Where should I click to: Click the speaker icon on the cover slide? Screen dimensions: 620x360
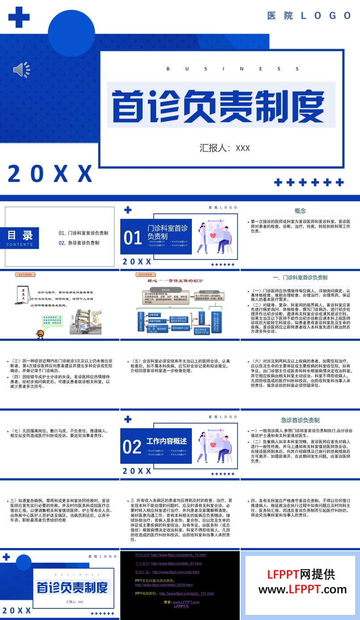[x=21, y=70]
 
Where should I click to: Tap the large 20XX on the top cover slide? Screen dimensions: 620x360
[x=50, y=174]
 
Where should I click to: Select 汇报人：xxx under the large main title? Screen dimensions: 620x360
[x=224, y=148]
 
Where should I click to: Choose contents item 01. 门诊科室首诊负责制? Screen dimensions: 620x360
[x=84, y=233]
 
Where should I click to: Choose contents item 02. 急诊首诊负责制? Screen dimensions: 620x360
[x=79, y=243]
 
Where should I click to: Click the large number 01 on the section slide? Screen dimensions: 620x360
[x=132, y=238]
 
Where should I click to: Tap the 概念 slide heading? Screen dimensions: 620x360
[x=300, y=211]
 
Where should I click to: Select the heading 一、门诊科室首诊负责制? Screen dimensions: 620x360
[x=300, y=278]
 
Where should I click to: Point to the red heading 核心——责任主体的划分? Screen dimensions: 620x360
[x=175, y=281]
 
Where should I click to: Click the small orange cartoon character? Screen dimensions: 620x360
[x=40, y=334]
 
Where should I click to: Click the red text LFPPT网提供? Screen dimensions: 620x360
[x=301, y=574]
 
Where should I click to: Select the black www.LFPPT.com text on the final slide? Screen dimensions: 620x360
[x=302, y=589]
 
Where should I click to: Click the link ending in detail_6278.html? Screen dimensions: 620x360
[x=164, y=585]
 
